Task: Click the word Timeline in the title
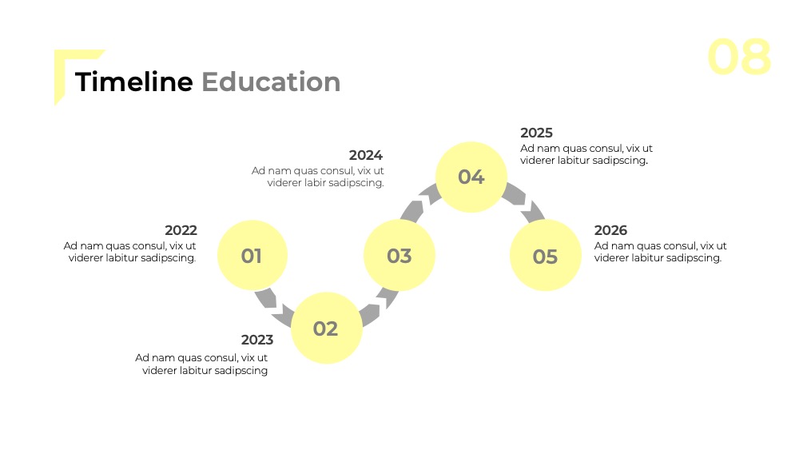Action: point(134,82)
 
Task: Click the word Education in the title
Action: point(271,82)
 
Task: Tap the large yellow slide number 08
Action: point(739,57)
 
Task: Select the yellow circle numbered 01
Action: point(252,255)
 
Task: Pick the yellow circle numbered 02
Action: point(326,329)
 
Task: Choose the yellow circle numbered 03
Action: point(399,255)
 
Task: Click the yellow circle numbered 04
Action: point(471,177)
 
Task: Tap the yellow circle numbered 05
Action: point(545,255)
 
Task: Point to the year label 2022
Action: point(181,230)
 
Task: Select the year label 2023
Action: point(257,340)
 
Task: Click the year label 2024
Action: point(366,155)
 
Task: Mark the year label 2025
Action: point(537,133)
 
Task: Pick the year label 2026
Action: point(610,230)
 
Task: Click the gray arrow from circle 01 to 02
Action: point(273,307)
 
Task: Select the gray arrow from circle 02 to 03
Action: point(379,307)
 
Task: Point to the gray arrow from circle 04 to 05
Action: point(523,202)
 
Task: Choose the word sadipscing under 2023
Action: point(240,371)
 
